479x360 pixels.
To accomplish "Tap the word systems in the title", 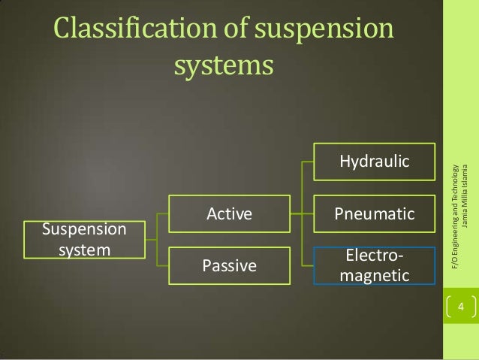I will pos(222,65).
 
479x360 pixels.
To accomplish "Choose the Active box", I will pos(228,214).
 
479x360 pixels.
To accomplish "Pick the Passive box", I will pos(228,265).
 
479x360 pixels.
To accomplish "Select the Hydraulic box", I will pos(374,162).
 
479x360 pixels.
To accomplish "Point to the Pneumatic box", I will pos(374,214).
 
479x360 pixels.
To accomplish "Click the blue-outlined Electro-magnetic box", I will pos(374,266).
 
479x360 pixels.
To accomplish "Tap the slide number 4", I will pos(461,307).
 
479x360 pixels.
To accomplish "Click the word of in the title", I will pos(230,31).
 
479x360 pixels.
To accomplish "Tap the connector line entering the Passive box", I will pos(163,265).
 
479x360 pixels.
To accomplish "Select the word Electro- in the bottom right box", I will pos(375,258).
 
